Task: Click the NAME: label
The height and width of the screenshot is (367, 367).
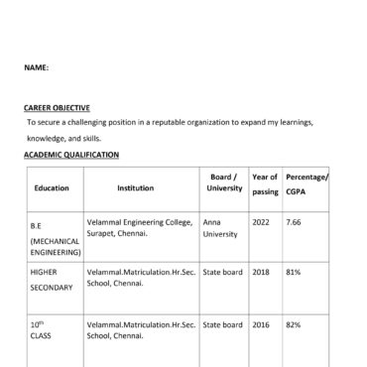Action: click(x=37, y=68)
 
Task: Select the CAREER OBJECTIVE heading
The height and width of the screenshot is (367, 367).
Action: click(x=57, y=107)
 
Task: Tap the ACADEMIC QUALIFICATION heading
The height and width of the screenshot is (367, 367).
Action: click(x=71, y=155)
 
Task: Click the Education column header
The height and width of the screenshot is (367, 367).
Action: click(x=52, y=187)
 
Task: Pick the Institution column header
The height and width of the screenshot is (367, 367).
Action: click(x=135, y=187)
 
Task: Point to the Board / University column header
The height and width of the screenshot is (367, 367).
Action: click(x=224, y=183)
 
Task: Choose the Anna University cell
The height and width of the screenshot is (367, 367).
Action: click(x=220, y=228)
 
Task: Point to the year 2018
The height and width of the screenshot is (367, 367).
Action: click(x=261, y=271)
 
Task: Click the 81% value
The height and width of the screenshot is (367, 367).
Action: click(x=294, y=271)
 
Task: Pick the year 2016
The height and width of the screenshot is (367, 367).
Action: click(x=261, y=324)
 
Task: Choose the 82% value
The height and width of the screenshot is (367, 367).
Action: click(x=294, y=324)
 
